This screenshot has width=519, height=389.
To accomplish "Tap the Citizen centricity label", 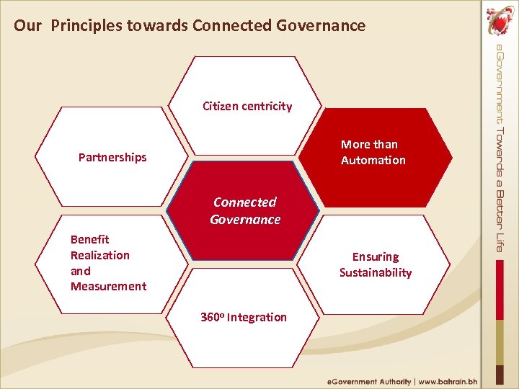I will [247, 107].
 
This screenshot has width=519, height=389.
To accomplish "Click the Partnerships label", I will [112, 157].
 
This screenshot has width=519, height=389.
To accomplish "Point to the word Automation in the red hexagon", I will [373, 160].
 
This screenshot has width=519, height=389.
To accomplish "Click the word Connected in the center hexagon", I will [245, 202].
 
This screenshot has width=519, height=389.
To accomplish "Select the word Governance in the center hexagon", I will [245, 220].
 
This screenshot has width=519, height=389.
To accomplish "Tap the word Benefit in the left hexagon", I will [90, 239].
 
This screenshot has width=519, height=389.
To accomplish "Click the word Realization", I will [100, 255].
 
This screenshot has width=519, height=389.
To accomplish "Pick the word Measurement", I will [108, 286].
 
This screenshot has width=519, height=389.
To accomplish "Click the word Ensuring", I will [376, 256].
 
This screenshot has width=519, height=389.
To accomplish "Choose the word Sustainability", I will [376, 272].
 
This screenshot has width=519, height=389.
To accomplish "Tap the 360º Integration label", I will [244, 317].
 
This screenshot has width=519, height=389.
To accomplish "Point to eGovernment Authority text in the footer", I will [369, 381].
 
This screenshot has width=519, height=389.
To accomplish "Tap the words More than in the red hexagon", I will [369, 144].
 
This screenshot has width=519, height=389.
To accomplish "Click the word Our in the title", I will [28, 27].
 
